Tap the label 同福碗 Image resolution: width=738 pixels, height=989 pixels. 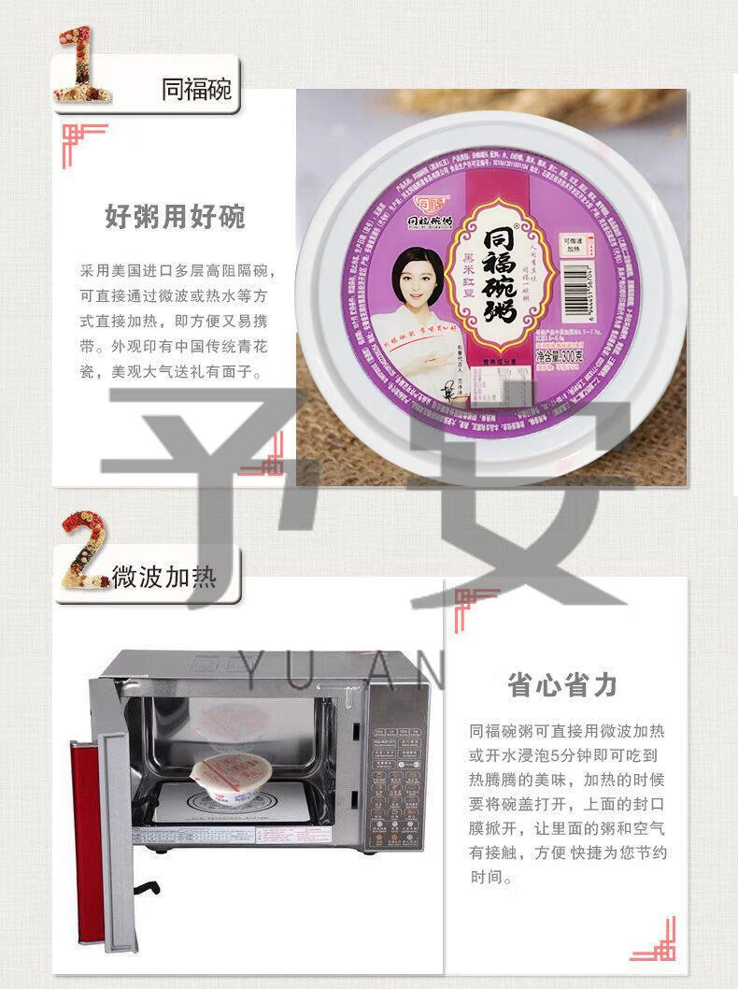[x=196, y=92]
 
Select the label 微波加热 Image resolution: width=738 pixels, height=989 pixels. [x=164, y=577]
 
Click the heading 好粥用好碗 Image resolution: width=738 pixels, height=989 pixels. [x=175, y=217]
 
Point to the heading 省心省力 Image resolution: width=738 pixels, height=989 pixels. [x=562, y=685]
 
